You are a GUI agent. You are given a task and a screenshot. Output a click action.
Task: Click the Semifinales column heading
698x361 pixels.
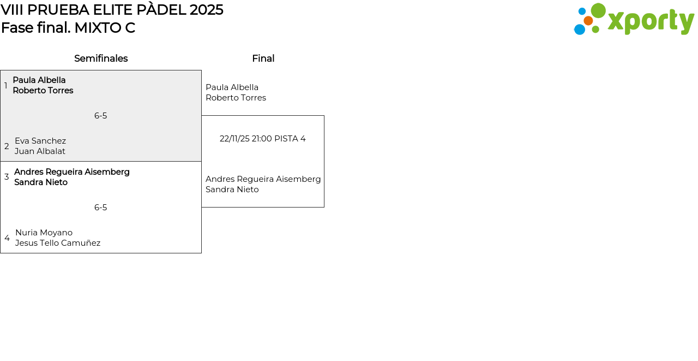(101, 58)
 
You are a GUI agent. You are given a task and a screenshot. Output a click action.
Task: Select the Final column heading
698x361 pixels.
(263, 58)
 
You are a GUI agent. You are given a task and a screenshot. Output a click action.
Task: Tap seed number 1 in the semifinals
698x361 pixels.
(5, 85)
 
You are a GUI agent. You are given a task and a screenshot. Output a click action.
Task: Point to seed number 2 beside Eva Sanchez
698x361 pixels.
(7, 146)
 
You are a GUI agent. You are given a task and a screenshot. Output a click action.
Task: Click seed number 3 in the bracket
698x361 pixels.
(7, 177)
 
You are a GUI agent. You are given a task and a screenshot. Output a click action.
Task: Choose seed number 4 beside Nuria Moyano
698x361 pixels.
(7, 238)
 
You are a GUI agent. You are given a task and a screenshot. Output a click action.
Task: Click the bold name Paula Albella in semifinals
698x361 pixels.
(39, 80)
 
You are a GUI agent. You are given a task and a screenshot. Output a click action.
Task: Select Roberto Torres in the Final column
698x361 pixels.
(236, 98)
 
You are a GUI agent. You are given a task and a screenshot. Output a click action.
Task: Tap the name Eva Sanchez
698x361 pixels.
(40, 141)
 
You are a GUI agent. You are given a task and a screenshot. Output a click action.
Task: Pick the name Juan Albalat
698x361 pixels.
(40, 151)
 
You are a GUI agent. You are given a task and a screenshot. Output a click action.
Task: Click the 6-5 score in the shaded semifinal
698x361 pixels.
(101, 116)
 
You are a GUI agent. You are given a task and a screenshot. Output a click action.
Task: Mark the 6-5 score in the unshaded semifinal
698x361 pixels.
(101, 208)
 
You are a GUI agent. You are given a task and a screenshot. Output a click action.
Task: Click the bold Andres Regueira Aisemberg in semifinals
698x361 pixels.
(72, 172)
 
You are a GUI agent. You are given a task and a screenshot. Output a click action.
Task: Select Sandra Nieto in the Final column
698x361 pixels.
(232, 190)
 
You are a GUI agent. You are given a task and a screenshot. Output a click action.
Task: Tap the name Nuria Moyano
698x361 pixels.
(44, 233)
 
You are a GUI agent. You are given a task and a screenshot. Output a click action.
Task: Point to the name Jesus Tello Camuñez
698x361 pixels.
(58, 242)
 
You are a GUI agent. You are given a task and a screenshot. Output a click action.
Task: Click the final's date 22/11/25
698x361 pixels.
(234, 139)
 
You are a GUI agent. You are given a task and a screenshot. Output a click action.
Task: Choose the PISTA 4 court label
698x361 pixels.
(290, 139)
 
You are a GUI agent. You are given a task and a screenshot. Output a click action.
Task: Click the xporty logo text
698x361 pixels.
(651, 21)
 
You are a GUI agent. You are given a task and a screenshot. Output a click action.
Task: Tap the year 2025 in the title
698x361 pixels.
(206, 10)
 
